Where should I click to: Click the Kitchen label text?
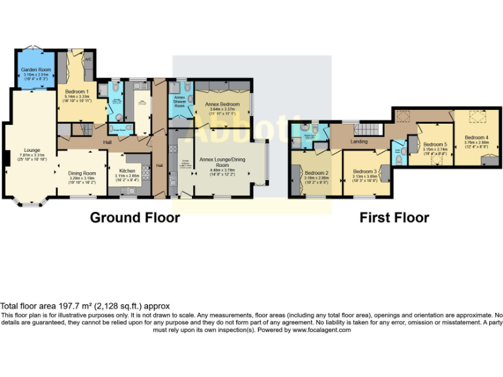[126, 171]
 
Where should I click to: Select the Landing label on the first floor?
[359, 141]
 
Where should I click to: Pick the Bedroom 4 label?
[477, 137]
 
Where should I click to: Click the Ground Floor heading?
[134, 217]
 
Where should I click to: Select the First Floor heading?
[394, 217]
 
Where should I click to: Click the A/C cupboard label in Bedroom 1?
[88, 60]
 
